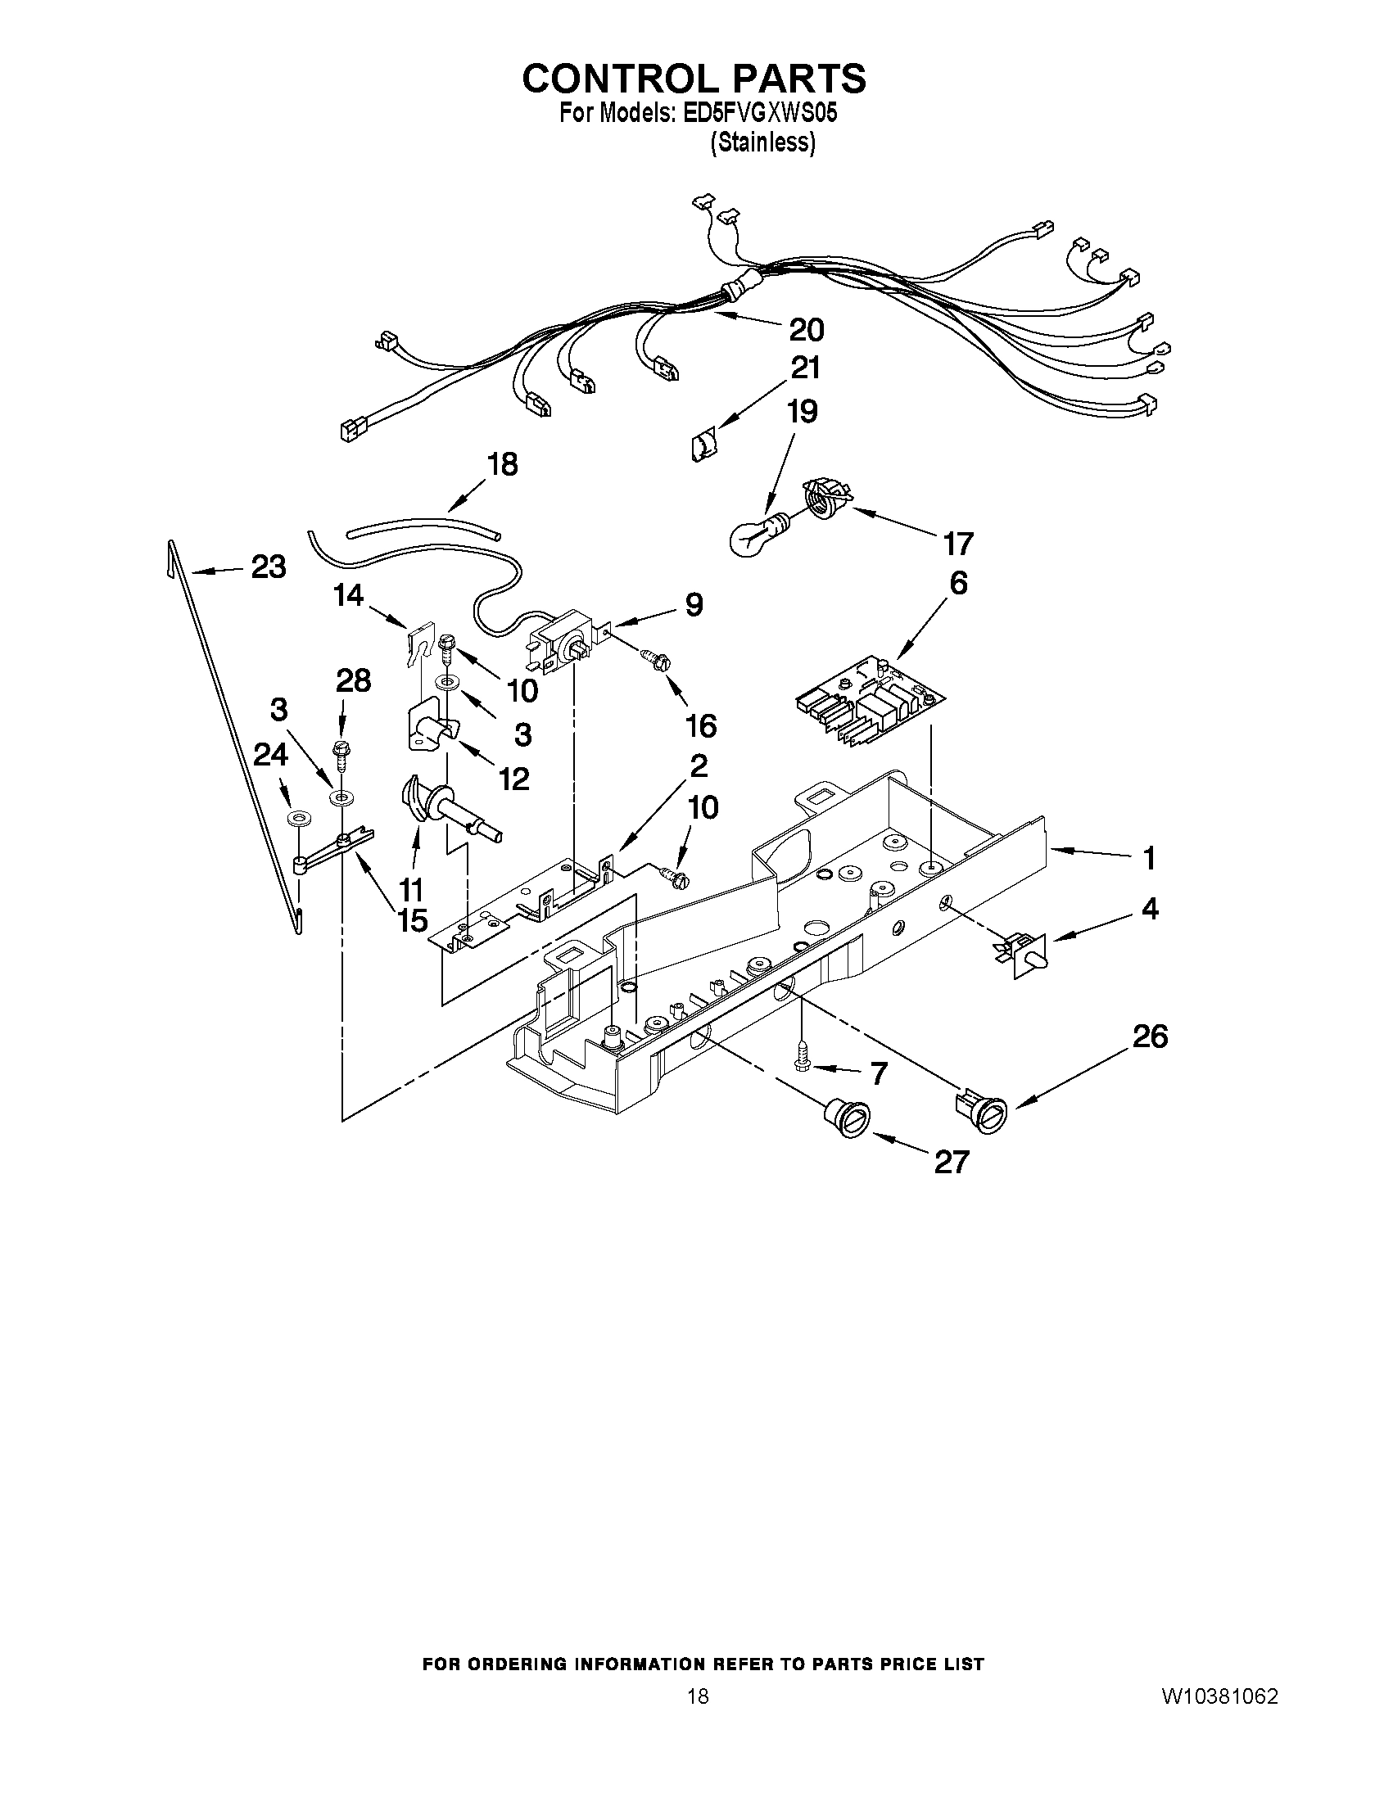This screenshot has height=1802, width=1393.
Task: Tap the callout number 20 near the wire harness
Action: click(x=807, y=330)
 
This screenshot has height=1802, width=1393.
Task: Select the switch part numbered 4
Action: click(x=1025, y=955)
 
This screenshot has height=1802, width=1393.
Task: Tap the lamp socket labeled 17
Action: click(x=825, y=497)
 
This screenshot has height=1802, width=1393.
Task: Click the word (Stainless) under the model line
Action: click(x=762, y=142)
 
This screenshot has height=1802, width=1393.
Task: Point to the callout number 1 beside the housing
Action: click(x=1149, y=859)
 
